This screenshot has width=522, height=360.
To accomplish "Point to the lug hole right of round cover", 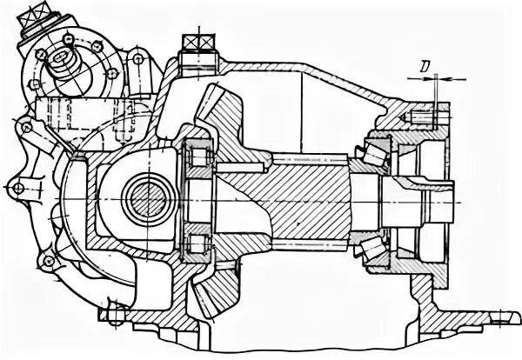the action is (x=137, y=59).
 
